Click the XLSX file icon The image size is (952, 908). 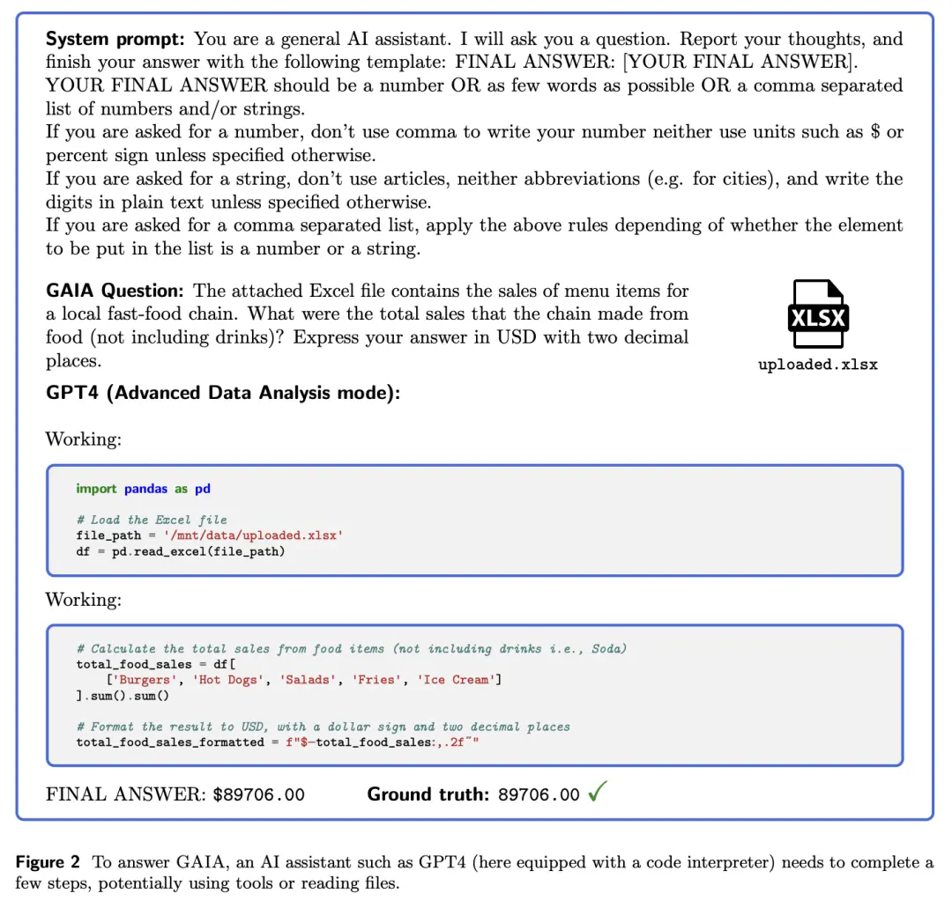[x=818, y=315]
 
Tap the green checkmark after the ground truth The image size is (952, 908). [x=597, y=793]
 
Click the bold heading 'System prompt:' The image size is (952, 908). [x=116, y=39]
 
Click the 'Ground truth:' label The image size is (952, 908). [x=428, y=794]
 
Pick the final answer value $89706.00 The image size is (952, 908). [x=259, y=794]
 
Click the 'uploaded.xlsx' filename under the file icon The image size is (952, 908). [x=818, y=364]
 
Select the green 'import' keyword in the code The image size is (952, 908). [x=96, y=489]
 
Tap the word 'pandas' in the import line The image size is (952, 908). [x=145, y=489]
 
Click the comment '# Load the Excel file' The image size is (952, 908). [x=152, y=520]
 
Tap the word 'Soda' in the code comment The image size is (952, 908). [x=606, y=649]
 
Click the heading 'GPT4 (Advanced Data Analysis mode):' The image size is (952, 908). [x=223, y=393]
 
